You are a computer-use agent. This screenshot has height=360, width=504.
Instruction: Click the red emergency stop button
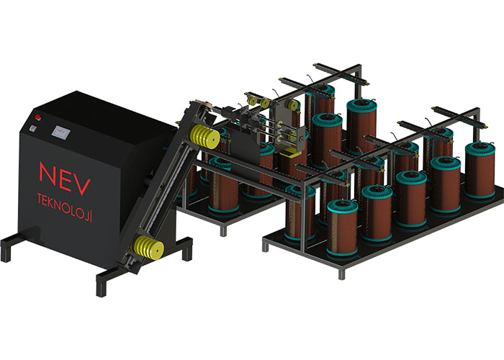point(38,117)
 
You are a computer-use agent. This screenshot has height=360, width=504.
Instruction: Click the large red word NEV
point(65,179)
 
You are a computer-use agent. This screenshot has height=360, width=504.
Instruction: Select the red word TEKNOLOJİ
point(65,207)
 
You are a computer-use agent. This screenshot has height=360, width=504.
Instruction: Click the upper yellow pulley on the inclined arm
point(204,137)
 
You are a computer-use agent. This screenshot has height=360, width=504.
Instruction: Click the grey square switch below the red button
point(33,128)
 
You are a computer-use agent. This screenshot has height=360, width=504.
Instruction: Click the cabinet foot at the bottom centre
point(102,285)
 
